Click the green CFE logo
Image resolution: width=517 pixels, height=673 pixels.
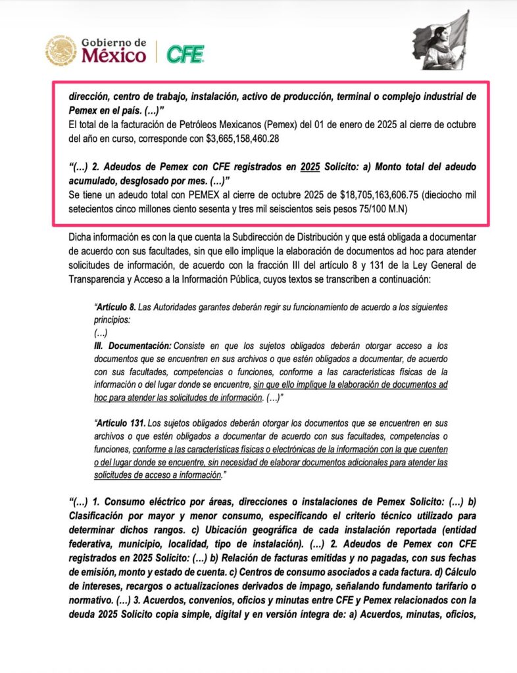pyautogui.click(x=185, y=53)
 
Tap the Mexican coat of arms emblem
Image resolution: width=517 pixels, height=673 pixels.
pyautogui.click(x=61, y=51)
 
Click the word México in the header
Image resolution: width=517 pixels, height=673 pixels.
pyautogui.click(x=114, y=56)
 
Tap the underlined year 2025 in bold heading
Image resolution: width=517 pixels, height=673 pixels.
pyautogui.click(x=310, y=167)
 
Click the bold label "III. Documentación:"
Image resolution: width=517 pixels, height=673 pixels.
pyautogui.click(x=132, y=345)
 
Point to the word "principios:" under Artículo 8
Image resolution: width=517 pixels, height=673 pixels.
pyautogui.click(x=114, y=319)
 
